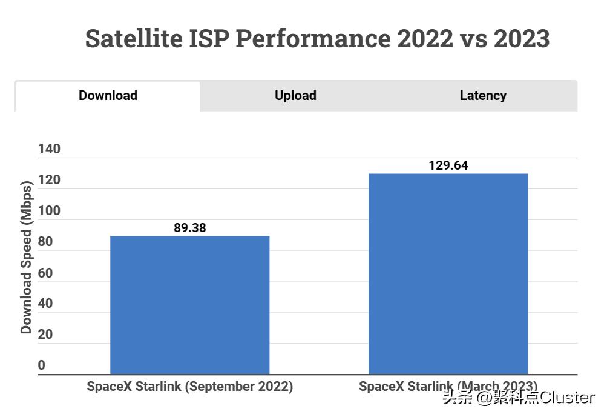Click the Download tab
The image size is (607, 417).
click(108, 96)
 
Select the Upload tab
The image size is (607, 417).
click(295, 96)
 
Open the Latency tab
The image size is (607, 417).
click(483, 96)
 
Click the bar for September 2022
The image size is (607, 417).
click(189, 305)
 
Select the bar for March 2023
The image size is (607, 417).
click(448, 274)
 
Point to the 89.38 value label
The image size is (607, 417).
click(189, 228)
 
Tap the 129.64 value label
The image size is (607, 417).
click(448, 165)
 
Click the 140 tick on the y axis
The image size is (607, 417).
click(49, 149)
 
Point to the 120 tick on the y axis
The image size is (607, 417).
click(49, 180)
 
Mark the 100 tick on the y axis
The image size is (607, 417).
click(49, 211)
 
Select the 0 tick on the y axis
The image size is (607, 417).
click(42, 365)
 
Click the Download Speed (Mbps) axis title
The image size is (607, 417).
click(26, 256)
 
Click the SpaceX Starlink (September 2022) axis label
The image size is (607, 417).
click(189, 387)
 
